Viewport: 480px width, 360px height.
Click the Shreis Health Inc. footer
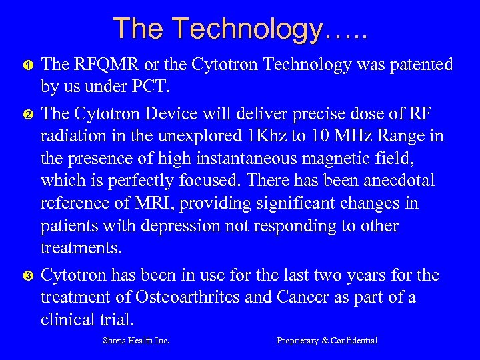[x=136, y=341]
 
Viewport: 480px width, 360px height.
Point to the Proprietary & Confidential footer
[x=327, y=341]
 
